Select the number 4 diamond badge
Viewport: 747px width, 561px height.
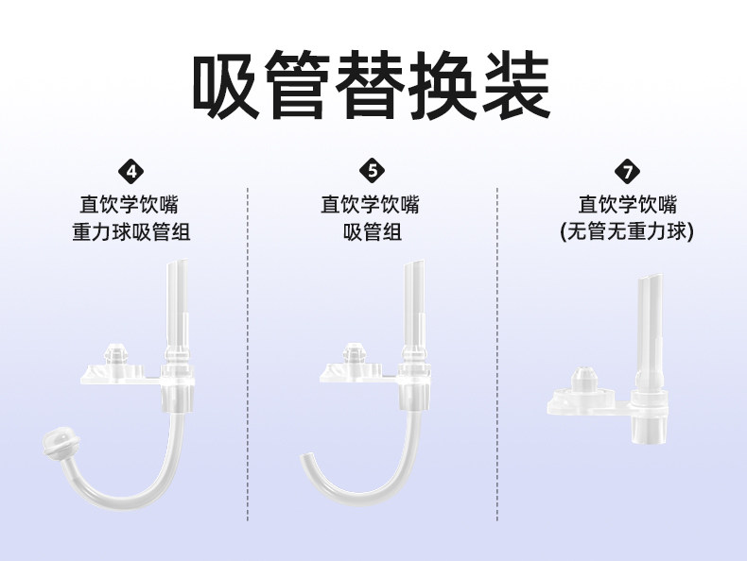[130, 171]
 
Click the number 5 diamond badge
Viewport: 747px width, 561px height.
[373, 171]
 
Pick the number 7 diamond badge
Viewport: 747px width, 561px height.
[625, 171]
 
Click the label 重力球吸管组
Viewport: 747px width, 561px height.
[130, 232]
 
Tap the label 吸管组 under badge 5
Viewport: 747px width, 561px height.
[373, 232]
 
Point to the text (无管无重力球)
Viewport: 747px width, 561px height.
[625, 232]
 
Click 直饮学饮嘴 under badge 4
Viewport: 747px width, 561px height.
[130, 204]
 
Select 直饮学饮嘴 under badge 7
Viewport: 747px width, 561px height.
[625, 204]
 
